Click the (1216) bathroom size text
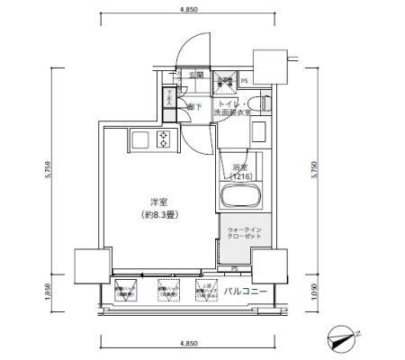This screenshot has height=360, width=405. click(239, 177)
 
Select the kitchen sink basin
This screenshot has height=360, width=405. click(141, 139)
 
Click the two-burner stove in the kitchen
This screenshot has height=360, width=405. click(164, 139)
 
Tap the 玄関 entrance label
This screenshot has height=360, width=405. click(196, 75)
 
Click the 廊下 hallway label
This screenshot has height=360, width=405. click(193, 106)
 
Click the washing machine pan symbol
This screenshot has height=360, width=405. click(224, 82)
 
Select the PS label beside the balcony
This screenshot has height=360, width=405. click(233, 269)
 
